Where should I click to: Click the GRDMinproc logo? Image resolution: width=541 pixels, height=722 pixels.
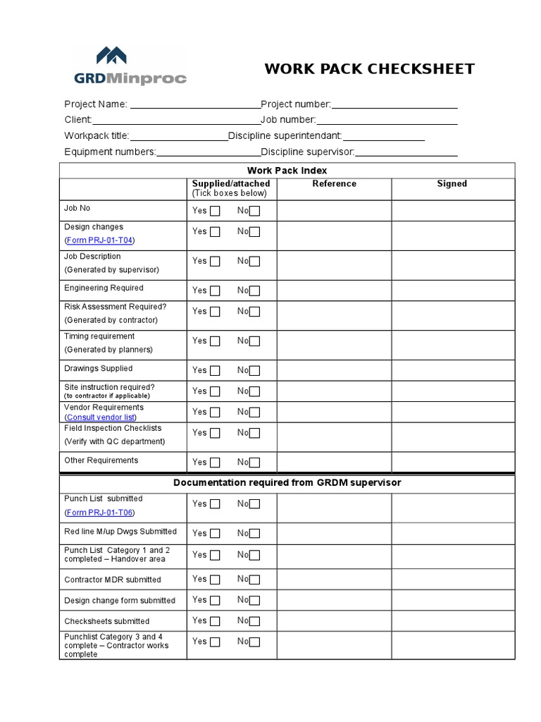[130, 66]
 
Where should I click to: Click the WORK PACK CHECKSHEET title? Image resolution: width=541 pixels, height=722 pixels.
[369, 69]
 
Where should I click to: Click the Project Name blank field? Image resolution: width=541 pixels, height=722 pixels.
[194, 104]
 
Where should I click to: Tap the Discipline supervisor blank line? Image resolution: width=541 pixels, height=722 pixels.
[406, 152]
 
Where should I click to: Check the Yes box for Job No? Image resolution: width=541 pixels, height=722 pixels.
[215, 211]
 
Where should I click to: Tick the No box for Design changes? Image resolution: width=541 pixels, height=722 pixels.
[255, 232]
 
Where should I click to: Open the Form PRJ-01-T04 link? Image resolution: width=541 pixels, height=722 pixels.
[99, 240]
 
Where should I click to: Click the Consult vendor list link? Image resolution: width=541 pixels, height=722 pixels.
[100, 417]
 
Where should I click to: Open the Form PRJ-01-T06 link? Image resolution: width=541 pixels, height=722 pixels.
[99, 513]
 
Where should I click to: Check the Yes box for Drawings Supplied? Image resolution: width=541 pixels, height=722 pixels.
[215, 371]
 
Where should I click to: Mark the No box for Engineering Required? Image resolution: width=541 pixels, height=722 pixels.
[255, 290]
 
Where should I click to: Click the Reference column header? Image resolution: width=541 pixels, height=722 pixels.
[334, 184]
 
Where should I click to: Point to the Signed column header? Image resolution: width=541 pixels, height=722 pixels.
[452, 184]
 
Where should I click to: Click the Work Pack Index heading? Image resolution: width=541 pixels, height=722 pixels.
[287, 171]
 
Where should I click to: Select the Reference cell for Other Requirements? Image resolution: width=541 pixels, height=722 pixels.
[334, 462]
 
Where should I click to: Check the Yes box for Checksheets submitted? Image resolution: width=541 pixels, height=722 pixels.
[215, 621]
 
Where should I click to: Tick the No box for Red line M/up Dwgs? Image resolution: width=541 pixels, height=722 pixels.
[255, 534]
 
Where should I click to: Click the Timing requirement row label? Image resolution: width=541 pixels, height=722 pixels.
[99, 336]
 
